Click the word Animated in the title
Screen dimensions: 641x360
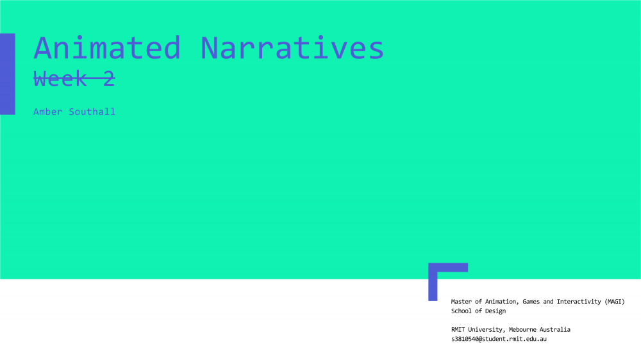pos(107,48)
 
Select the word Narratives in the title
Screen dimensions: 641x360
pos(292,48)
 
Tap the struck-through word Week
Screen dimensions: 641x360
pos(60,78)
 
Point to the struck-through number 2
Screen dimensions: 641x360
pos(109,78)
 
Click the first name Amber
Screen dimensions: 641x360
pos(48,111)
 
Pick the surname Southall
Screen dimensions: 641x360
pos(92,111)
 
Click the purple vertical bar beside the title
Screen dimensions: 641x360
pos(7,74)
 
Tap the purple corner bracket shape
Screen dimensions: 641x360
pos(433,282)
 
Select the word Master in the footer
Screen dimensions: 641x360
pos(461,302)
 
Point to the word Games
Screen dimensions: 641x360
pos(531,302)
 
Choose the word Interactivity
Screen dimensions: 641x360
pos(579,302)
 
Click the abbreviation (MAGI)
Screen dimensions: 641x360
pos(615,302)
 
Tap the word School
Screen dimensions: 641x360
pos(461,311)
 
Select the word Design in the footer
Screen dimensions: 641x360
pos(495,311)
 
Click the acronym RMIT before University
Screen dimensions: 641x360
pos(458,329)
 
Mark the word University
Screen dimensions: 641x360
pos(487,330)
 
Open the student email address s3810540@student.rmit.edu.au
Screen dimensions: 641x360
pos(499,339)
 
